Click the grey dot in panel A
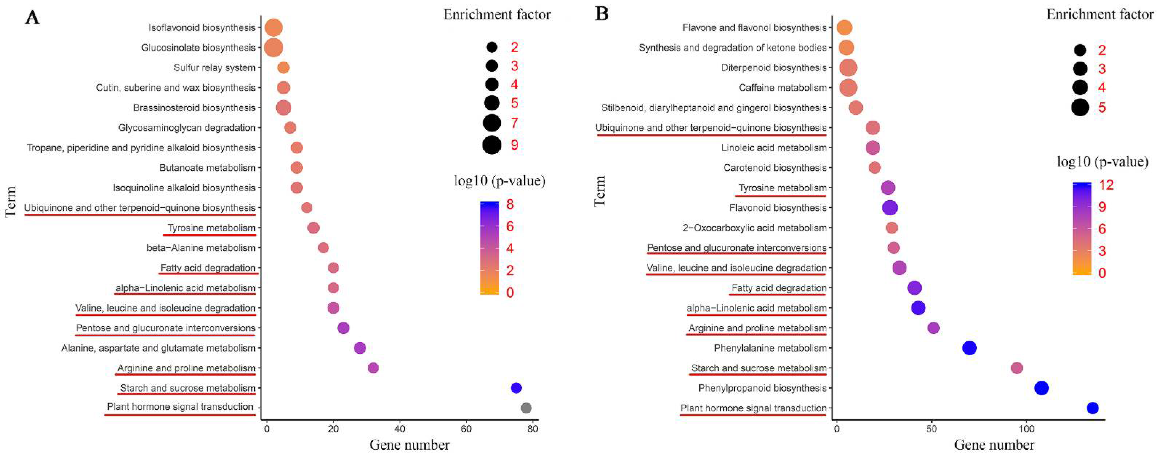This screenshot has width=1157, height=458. coord(526,408)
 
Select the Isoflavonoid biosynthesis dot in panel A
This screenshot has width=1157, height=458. coord(274,28)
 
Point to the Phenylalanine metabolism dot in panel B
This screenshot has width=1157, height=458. coord(969,348)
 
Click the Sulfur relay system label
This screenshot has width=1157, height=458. coord(214,68)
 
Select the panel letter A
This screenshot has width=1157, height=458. coord(32,18)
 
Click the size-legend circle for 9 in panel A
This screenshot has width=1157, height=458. coord(492,145)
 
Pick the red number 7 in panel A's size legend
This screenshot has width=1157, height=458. coord(514,123)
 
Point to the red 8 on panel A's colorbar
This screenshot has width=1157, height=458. coord(510,205)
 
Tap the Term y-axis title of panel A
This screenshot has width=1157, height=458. coord(11,202)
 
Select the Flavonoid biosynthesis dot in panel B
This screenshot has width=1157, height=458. coord(890,208)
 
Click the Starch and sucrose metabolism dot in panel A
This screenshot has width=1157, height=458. coord(516,388)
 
